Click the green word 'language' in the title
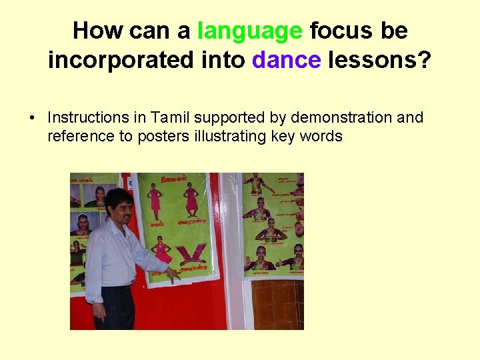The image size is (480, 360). pyautogui.click(x=249, y=31)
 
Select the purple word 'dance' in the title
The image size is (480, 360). pyautogui.click(x=287, y=60)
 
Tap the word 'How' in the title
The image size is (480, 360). pyautogui.click(x=94, y=31)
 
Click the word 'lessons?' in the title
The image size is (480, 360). pyautogui.click(x=379, y=60)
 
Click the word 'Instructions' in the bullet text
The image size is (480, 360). pyautogui.click(x=87, y=118)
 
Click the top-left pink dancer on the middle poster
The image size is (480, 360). pyautogui.click(x=155, y=198)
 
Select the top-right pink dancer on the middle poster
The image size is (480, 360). pyautogui.click(x=191, y=198)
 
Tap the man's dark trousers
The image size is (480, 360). pyautogui.click(x=119, y=307)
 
